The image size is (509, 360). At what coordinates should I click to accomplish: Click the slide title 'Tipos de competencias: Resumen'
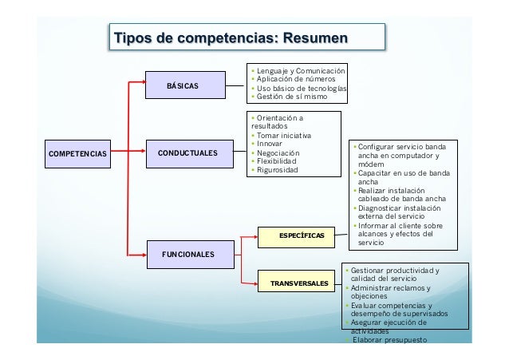coord(231,38)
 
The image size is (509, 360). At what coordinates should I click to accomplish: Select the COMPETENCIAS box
coord(77,152)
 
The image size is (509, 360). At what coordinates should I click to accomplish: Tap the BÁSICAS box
coord(183,85)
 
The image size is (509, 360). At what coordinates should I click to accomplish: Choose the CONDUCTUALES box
coord(187,152)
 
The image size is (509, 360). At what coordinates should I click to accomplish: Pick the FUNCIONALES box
coord(187,253)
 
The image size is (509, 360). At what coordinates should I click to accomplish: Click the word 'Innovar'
coord(270,144)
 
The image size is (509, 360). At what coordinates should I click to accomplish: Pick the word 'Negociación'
coord(277,153)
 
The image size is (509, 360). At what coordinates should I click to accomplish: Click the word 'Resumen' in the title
coord(312,38)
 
